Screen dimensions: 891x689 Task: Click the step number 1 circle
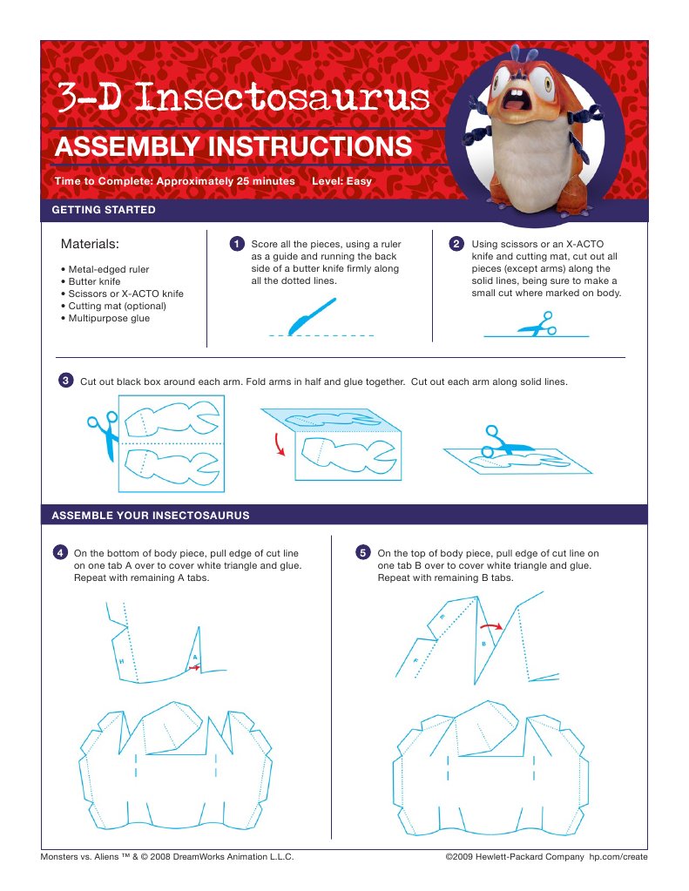click(x=235, y=244)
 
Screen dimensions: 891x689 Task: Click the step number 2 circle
click(x=456, y=244)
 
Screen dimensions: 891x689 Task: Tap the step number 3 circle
click(x=65, y=381)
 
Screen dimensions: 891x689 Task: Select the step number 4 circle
click(x=60, y=553)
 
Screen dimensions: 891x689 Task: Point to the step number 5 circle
click(x=363, y=553)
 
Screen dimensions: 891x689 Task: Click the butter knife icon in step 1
click(x=312, y=315)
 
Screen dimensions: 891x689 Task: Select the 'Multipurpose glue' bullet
click(x=109, y=319)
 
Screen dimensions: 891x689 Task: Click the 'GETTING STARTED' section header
click(x=104, y=210)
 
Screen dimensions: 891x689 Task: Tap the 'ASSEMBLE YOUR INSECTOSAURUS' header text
click(x=151, y=516)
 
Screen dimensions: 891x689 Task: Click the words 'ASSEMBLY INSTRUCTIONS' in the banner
click(x=233, y=145)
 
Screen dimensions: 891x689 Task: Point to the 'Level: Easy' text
click(x=341, y=182)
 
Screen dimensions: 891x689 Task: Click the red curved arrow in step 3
click(x=279, y=445)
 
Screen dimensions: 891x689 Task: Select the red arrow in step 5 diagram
click(x=493, y=624)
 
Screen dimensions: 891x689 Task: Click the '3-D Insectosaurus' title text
click(x=243, y=97)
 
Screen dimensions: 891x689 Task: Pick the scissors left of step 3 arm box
click(x=102, y=434)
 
